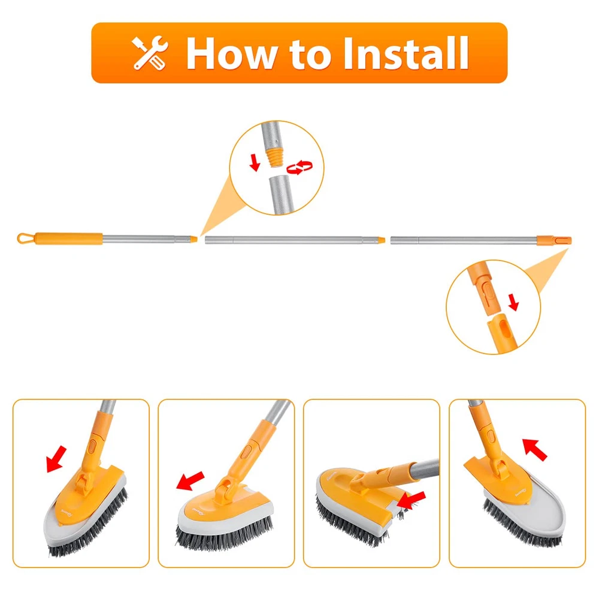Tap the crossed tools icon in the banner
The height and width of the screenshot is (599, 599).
pos(150,53)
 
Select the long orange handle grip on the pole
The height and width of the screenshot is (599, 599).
pos(69,239)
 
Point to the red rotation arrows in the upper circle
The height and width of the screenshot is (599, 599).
pos(300,167)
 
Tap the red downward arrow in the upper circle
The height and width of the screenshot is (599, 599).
pos(255,162)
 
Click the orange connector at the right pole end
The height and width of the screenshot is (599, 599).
pos(554,240)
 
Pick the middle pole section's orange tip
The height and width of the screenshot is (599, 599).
pos(380,240)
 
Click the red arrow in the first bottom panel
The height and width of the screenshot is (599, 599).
pos(56,459)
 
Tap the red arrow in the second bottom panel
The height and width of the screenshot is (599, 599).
pos(190,480)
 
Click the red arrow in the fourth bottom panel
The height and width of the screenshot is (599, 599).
pos(535,449)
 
